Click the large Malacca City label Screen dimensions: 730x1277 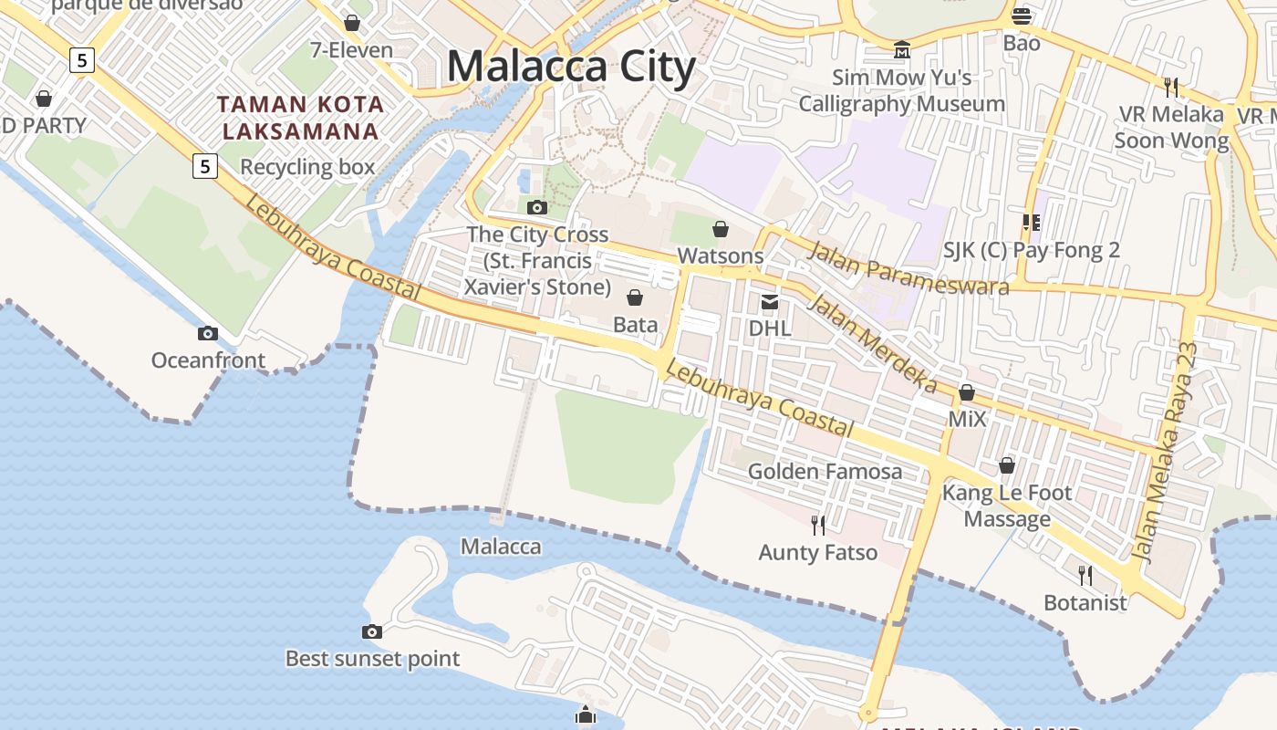pos(571,68)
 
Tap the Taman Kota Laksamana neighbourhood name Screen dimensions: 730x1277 pos(301,118)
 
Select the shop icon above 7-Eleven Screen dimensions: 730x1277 pos(352,23)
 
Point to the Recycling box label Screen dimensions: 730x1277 pos(307,167)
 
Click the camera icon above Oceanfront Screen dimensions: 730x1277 pos(208,333)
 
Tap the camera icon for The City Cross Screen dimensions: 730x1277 pos(537,207)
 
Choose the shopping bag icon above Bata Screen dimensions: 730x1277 pos(635,297)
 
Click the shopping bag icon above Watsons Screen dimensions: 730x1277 pos(721,229)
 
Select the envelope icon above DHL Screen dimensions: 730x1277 pos(770,302)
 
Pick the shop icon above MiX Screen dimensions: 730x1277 pos(967,393)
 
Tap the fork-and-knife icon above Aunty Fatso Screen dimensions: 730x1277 pos(818,525)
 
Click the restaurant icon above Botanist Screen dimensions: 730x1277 pos(1085,575)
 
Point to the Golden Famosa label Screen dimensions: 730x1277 pos(825,472)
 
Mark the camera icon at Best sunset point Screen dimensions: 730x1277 pos(371,631)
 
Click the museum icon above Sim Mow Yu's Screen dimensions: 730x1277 pos(902,49)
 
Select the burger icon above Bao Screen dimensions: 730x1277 pos(1022,16)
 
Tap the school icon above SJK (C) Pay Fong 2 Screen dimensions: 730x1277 pos(1032,223)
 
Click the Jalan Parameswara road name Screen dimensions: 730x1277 pos(908,269)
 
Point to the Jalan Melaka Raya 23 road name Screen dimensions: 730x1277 pos(1165,452)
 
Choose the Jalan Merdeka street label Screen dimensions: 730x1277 pos(873,343)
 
